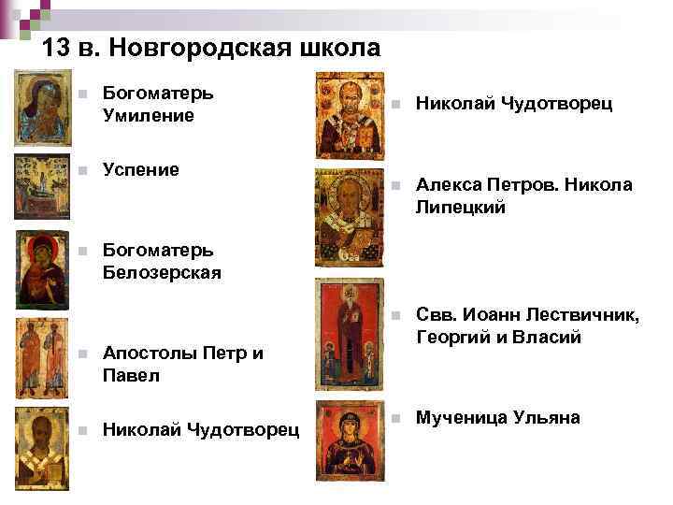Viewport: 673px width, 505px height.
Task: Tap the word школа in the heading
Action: tap(341, 47)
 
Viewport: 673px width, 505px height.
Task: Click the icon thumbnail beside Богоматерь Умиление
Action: tap(43, 108)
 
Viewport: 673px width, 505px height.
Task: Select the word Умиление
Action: tap(148, 116)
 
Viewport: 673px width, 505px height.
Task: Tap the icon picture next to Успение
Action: tap(43, 187)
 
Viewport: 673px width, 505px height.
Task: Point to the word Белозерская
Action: tap(162, 272)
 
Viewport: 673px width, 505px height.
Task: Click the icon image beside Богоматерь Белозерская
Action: tap(43, 269)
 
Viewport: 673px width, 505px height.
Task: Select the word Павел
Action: tap(131, 376)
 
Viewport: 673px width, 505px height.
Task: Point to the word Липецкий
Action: tap(461, 208)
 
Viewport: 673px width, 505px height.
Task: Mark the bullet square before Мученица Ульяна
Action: tap(397, 418)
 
